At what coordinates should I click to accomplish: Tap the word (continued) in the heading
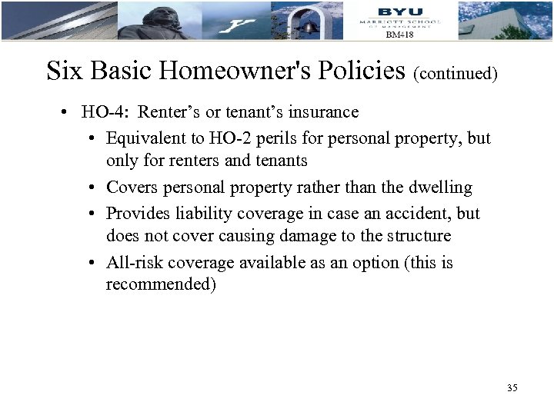click(x=456, y=74)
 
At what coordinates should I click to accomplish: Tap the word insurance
click(x=323, y=112)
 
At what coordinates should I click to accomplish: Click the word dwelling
click(x=439, y=188)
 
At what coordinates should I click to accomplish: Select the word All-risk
click(x=133, y=263)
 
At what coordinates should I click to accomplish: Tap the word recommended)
click(x=162, y=285)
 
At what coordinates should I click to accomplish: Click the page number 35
click(x=512, y=388)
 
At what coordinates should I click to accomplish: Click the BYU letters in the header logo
click(x=400, y=11)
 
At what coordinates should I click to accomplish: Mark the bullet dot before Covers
click(x=92, y=188)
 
